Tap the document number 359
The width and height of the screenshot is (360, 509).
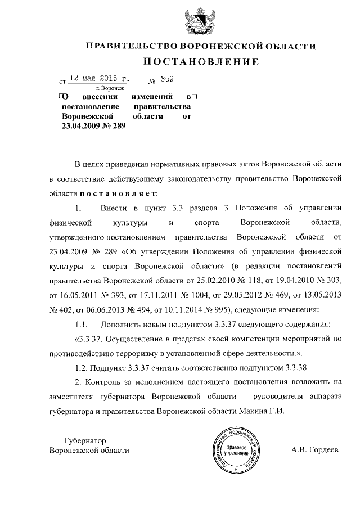pos(166,79)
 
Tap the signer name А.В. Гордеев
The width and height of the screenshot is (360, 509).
pos(315,450)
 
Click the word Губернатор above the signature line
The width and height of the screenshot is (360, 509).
pos(85,440)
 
